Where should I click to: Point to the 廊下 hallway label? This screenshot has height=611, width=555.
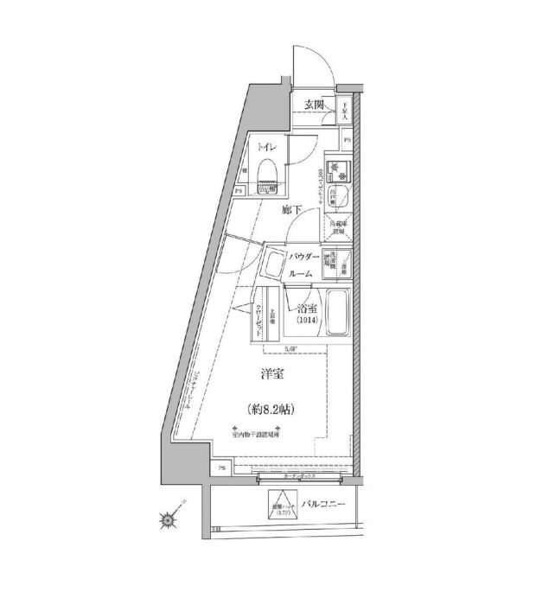pos(290,210)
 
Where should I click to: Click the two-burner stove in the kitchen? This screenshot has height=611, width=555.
pos(335,169)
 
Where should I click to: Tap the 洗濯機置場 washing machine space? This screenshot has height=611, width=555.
pos(329,264)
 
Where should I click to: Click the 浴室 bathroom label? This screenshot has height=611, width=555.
pos(307,309)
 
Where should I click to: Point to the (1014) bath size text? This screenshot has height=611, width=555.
pos(308,323)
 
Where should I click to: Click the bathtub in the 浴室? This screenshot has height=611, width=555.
pos(337,313)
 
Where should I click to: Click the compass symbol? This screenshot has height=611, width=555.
pos(169,519)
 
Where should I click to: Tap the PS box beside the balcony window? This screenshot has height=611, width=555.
pos(223,468)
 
